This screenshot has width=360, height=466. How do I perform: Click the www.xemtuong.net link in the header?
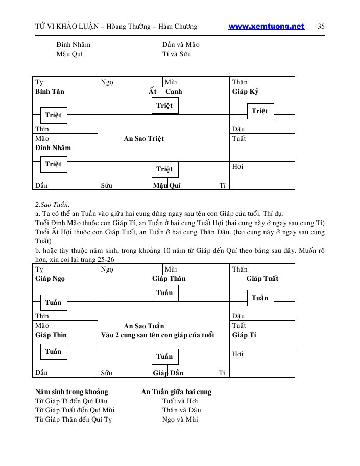click(266, 27)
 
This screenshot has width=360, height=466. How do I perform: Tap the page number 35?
click(321, 27)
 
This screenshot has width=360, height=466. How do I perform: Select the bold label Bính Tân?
click(50, 92)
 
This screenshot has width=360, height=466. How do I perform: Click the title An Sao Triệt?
click(144, 139)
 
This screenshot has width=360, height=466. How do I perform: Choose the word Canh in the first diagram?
click(174, 92)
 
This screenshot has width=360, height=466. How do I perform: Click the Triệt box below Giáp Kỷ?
click(260, 111)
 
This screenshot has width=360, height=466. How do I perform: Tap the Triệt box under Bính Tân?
click(53, 115)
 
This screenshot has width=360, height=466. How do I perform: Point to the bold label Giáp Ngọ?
click(50, 279)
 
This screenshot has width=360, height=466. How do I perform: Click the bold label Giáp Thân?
click(169, 279)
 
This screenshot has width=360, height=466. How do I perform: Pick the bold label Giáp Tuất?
click(262, 279)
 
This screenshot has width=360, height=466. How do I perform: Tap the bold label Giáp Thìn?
click(51, 335)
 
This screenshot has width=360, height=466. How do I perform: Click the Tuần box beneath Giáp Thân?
click(164, 293)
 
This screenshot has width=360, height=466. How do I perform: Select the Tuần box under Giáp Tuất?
click(260, 298)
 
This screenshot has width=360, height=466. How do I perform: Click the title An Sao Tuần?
click(144, 326)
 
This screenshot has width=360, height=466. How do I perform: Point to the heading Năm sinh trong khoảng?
click(71, 392)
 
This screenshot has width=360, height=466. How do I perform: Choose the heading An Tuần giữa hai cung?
click(176, 392)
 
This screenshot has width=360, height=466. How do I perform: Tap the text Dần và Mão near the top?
click(181, 45)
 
